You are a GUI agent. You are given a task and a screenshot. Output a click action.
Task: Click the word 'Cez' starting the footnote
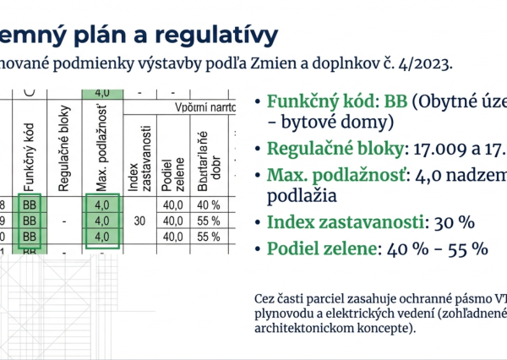tap(264, 298)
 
